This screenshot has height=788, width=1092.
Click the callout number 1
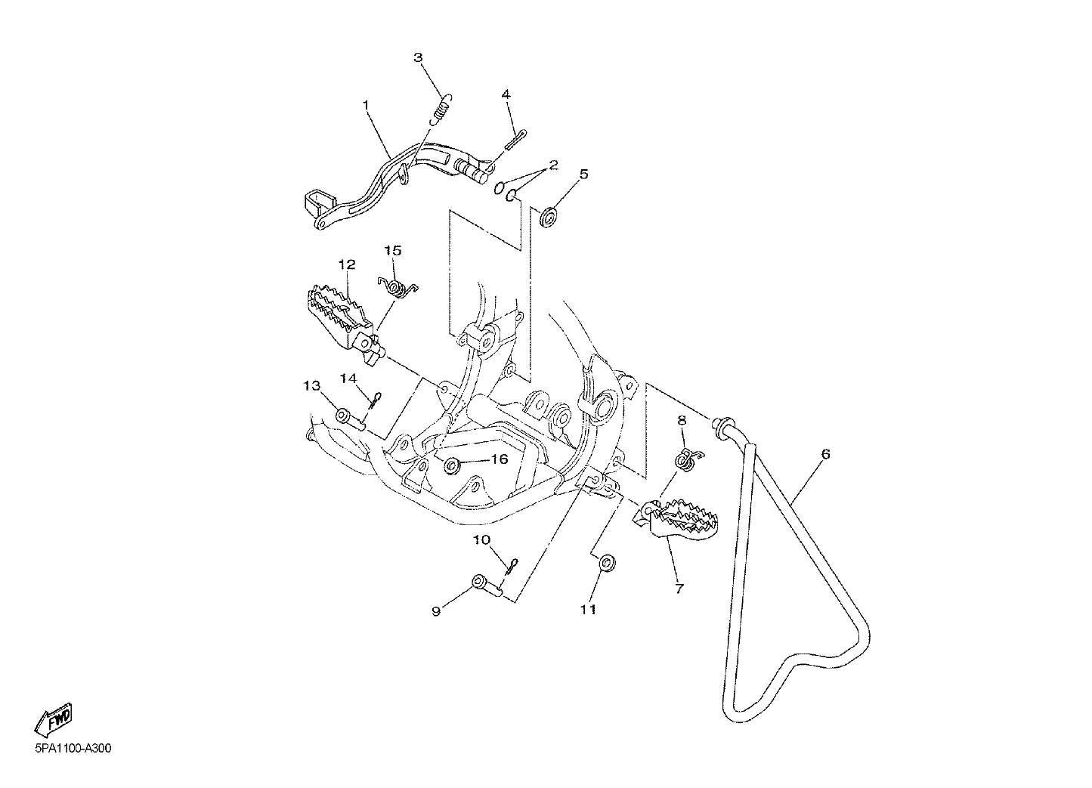click(x=366, y=105)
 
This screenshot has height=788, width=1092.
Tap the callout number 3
click(x=418, y=57)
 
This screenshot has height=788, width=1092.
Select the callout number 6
click(x=825, y=454)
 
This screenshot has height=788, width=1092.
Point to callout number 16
click(x=500, y=459)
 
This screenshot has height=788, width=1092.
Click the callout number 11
click(x=589, y=610)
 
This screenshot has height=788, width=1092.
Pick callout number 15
click(x=393, y=251)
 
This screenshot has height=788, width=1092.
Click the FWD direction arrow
click(x=54, y=718)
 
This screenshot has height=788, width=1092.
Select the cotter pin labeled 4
click(x=516, y=140)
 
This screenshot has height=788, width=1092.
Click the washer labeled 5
click(x=549, y=218)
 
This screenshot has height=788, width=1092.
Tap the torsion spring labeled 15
click(x=398, y=288)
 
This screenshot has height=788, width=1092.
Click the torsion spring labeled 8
click(x=688, y=459)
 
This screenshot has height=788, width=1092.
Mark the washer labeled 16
click(x=451, y=466)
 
